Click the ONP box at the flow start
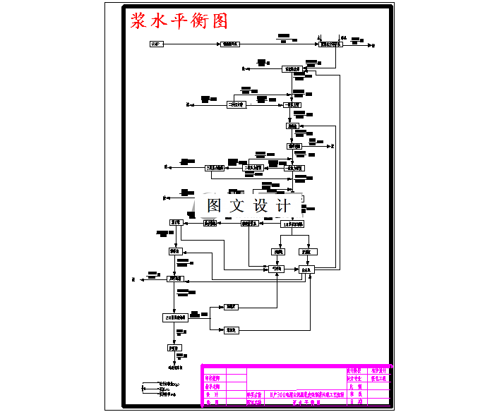[x=156, y=44]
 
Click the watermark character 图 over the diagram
[x=215, y=206]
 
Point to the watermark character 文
[x=238, y=206]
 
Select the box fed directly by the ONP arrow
[x=230, y=44]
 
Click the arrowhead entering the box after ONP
[x=218, y=44]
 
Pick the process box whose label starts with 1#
[x=292, y=224]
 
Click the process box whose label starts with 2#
[x=175, y=317]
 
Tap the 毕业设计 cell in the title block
[x=378, y=371]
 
